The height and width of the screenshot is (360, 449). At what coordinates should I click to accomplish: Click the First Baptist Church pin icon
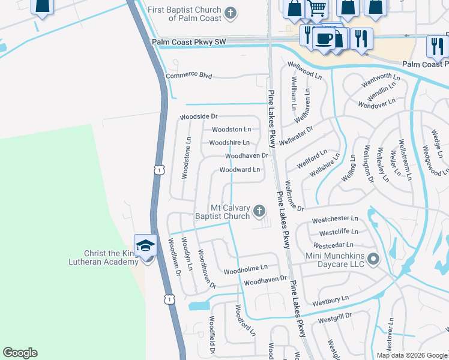(x=230, y=13)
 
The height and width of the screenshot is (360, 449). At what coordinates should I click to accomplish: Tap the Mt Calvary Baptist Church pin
(x=259, y=210)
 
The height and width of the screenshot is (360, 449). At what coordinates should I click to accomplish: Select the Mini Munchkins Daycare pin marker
(x=373, y=259)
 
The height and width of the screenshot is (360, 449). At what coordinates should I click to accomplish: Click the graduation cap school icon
(x=145, y=245)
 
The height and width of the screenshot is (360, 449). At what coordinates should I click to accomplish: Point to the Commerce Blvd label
(x=189, y=76)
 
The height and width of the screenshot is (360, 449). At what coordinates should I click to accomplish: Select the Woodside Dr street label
(x=198, y=116)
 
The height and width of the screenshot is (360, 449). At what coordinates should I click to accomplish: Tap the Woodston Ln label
(x=231, y=129)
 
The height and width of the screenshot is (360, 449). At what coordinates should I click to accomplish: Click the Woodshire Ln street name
(x=229, y=142)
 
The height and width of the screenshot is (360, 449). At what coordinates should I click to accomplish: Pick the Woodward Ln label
(x=240, y=170)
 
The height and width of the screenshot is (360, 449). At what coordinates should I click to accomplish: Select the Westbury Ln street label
(x=330, y=298)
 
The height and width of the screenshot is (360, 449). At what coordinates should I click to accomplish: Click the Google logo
(x=20, y=353)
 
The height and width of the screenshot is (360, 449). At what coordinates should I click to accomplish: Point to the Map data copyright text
(x=411, y=355)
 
